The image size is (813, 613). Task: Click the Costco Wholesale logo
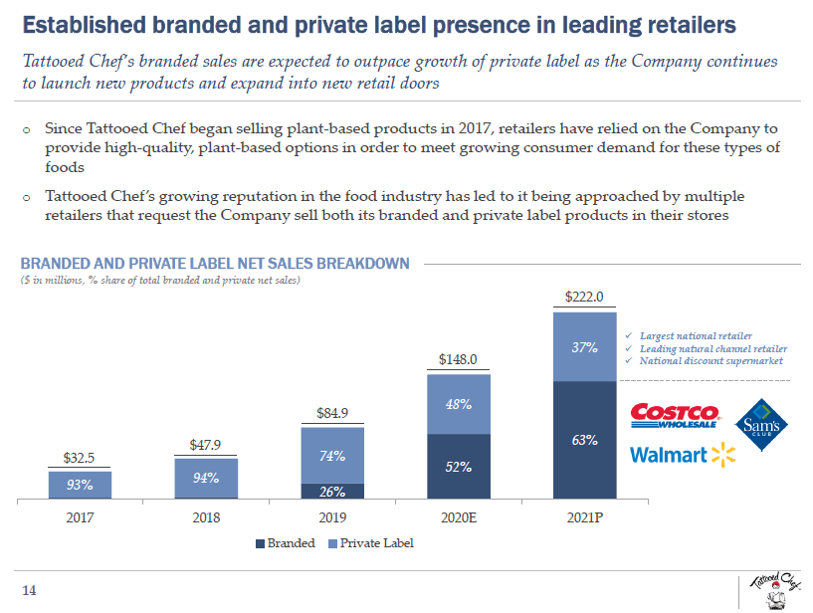click(x=675, y=416)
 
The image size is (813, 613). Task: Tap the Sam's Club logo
click(x=766, y=425)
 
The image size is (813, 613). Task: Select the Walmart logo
click(x=682, y=456)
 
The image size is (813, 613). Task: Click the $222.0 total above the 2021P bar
click(x=584, y=297)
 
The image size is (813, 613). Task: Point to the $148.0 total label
click(x=459, y=359)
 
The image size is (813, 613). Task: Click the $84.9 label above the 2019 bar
click(x=332, y=412)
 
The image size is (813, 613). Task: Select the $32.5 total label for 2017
click(x=80, y=458)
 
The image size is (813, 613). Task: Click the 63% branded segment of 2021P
click(x=584, y=440)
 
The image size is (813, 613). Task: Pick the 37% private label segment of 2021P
click(x=584, y=348)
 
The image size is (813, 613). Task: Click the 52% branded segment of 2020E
click(x=459, y=467)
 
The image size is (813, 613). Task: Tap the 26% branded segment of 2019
click(x=332, y=491)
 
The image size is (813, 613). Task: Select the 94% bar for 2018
click(x=206, y=478)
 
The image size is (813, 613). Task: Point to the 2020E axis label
click(x=459, y=517)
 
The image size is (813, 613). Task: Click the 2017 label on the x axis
click(x=80, y=517)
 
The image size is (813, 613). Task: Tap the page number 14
click(x=29, y=590)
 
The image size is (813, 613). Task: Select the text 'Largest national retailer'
click(x=695, y=336)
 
